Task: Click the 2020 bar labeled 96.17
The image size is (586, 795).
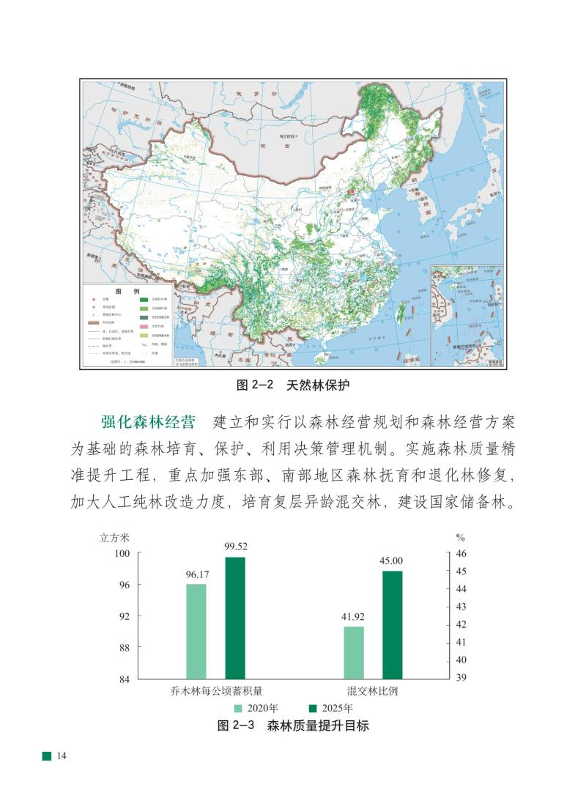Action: (x=196, y=631)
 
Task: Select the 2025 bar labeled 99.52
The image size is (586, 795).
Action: (x=235, y=618)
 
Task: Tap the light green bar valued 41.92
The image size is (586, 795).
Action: (x=354, y=652)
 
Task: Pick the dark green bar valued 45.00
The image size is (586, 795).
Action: (x=392, y=624)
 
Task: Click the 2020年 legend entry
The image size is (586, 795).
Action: (x=256, y=708)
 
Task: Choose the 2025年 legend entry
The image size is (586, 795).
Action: (x=330, y=708)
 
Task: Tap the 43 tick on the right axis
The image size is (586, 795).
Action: (x=455, y=607)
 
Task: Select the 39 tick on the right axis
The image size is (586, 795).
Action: (x=455, y=678)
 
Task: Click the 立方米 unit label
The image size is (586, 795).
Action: (x=114, y=536)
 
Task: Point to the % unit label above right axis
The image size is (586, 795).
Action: (x=450, y=536)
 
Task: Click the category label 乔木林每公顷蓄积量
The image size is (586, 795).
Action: (x=216, y=691)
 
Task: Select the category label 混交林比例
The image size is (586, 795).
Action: (x=373, y=691)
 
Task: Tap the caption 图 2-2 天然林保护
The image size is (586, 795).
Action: (x=292, y=385)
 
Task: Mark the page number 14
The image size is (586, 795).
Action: (x=62, y=755)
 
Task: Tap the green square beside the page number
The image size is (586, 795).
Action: (x=46, y=755)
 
